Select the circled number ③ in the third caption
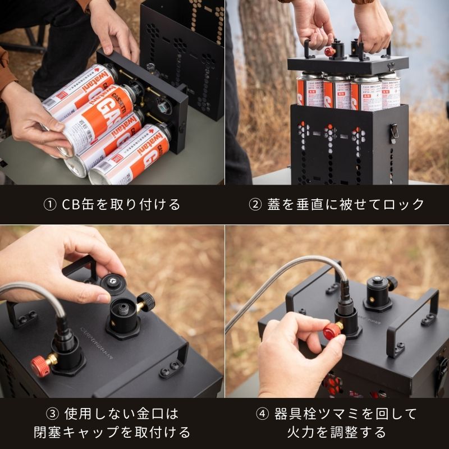pyautogui.click(x=52, y=414)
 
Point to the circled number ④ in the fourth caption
pyautogui.click(x=263, y=414)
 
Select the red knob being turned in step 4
pyautogui.click(x=332, y=331)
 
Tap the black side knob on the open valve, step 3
pyautogui.click(x=146, y=300)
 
